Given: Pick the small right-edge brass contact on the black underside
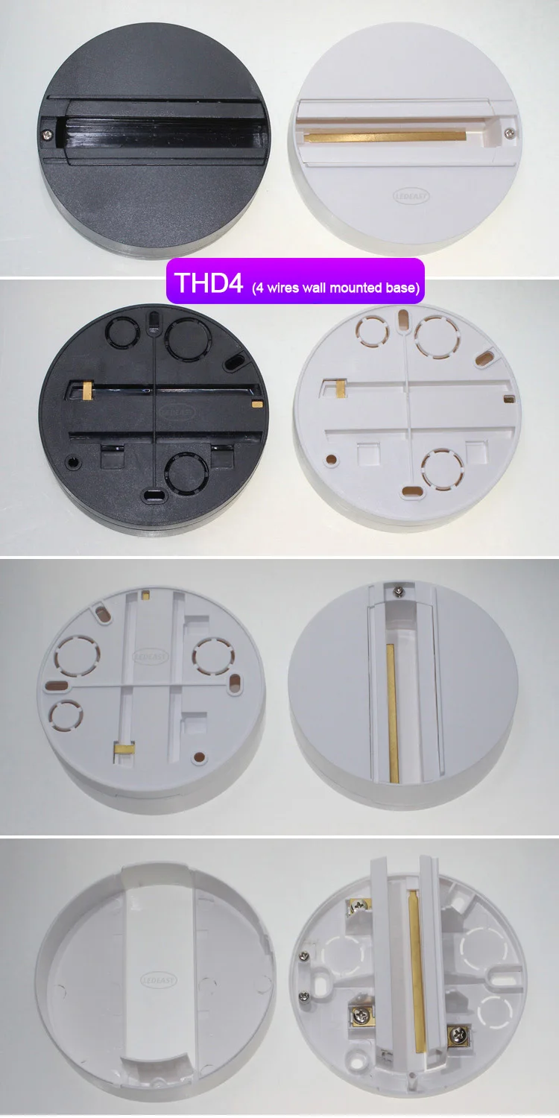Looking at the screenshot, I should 257,403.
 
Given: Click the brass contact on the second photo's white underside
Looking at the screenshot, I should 340,388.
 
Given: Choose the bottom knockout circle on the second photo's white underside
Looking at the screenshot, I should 438,467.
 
